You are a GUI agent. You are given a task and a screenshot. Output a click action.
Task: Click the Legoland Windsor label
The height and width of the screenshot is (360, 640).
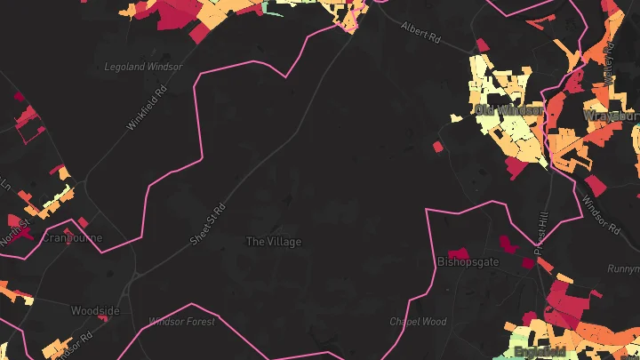(x=143, y=67)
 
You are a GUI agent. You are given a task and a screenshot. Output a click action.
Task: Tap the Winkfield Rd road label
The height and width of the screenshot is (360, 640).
(x=148, y=108)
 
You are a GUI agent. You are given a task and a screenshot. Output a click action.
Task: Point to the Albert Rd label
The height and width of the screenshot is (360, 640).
(x=420, y=34)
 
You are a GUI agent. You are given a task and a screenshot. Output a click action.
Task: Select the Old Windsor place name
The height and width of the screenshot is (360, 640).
(x=508, y=109)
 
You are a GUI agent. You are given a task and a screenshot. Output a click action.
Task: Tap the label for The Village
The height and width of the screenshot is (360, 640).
(x=273, y=242)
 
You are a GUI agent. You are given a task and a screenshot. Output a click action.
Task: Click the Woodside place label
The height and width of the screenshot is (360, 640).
(x=95, y=311)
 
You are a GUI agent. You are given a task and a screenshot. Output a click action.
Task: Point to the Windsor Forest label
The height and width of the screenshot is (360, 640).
(x=181, y=322)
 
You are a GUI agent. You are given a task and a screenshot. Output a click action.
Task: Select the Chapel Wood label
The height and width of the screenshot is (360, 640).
(x=418, y=322)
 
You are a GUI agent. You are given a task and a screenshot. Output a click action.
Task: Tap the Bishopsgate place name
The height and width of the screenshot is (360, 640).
(x=468, y=262)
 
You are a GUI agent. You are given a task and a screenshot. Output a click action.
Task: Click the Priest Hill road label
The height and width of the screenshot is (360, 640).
(x=543, y=224)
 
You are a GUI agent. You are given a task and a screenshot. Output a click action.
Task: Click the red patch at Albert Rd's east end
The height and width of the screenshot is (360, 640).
(x=482, y=44)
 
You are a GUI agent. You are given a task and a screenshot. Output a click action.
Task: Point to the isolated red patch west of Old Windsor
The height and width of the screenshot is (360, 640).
(x=437, y=147)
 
